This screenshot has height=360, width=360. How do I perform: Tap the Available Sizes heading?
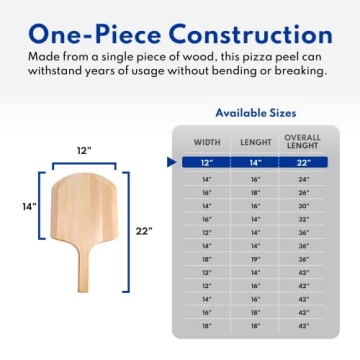tap(255, 113)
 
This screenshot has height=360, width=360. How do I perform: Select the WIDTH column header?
tap(207, 141)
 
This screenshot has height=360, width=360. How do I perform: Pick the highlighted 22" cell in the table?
tap(302, 162)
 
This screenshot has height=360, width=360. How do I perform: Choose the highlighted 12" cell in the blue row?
tap(207, 162)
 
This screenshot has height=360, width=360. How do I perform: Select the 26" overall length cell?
tap(302, 192)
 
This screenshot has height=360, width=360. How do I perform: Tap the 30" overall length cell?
tap(302, 206)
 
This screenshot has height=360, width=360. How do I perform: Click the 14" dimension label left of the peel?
tap(31, 207)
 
